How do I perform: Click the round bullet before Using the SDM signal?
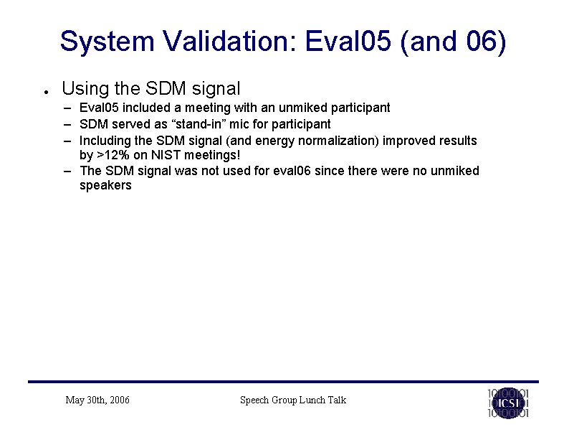44,91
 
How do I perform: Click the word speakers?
105,186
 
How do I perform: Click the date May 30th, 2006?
97,400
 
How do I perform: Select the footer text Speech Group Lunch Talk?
292,400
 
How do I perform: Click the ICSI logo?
508,403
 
